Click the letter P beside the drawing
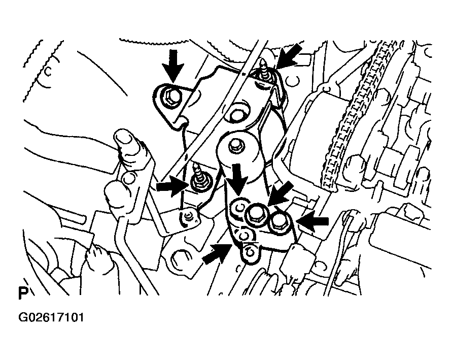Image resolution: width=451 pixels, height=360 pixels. tap(23, 293)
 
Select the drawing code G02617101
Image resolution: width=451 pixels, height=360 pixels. tap(51, 318)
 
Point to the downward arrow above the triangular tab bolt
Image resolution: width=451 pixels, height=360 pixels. tap(172, 65)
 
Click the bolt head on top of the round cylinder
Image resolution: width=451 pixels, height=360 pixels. tap(235, 145)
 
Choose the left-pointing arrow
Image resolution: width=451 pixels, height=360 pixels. tap(312, 221)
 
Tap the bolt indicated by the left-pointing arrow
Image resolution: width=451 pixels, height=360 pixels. tap(277, 221)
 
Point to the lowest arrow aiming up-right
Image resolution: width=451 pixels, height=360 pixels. tap(217, 253)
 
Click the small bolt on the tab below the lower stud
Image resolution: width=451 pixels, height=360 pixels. tap(188, 216)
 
